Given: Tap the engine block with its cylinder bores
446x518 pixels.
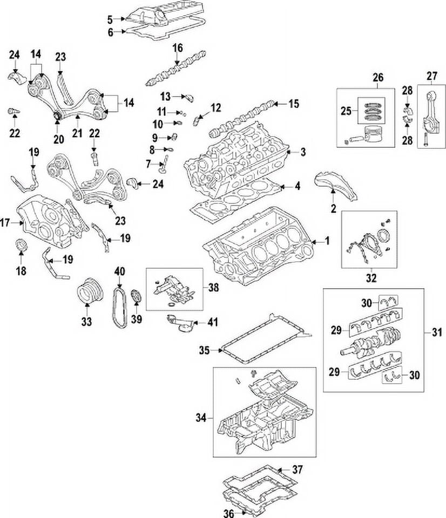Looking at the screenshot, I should (x=259, y=246).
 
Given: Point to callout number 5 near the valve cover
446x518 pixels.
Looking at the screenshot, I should (x=110, y=20).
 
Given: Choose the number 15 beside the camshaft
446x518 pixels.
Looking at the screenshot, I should (x=293, y=103).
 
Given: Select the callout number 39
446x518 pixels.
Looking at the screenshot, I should (x=137, y=320).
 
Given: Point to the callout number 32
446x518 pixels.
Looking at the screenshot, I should (x=370, y=279).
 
